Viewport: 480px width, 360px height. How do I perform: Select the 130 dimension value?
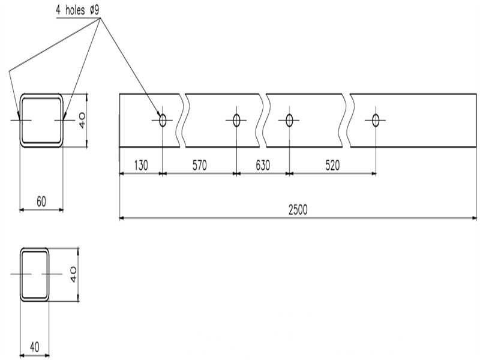(140, 165)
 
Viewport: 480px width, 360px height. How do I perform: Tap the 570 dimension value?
(200, 165)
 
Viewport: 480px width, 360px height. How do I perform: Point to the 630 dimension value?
(263, 165)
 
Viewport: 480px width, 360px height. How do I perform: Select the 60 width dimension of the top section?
(41, 202)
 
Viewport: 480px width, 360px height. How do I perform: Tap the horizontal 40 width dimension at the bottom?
(34, 347)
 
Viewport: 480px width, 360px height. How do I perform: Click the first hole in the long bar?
(162, 120)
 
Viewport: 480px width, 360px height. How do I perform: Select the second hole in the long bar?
(236, 120)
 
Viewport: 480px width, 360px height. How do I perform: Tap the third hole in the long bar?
(289, 120)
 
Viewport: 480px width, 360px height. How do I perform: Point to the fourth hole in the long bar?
(376, 120)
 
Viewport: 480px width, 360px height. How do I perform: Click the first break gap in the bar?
(182, 120)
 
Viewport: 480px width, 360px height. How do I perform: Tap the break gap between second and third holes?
(263, 120)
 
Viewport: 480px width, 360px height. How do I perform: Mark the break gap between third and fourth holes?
(348, 120)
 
